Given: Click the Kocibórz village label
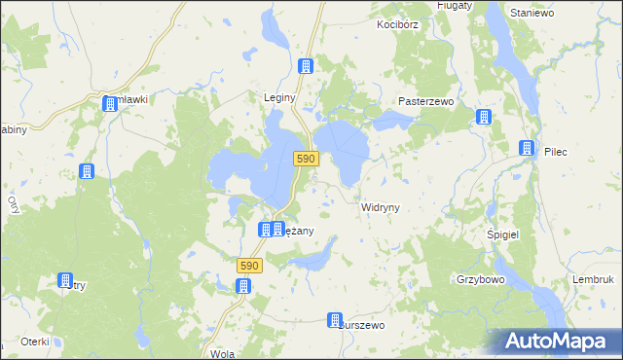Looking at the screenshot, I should [400, 23].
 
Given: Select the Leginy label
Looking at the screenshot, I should [279, 97].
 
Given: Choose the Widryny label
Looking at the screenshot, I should [381, 207].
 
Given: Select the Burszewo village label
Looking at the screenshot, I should [362, 325].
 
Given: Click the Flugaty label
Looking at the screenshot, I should [454, 5].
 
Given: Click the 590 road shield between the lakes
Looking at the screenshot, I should [306, 159].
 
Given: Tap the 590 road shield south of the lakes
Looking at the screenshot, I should [249, 265].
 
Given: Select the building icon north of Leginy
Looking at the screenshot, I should [306, 66].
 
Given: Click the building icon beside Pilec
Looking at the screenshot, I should [527, 149].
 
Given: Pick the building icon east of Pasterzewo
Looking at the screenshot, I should [484, 118].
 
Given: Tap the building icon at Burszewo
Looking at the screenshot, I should [336, 321].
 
